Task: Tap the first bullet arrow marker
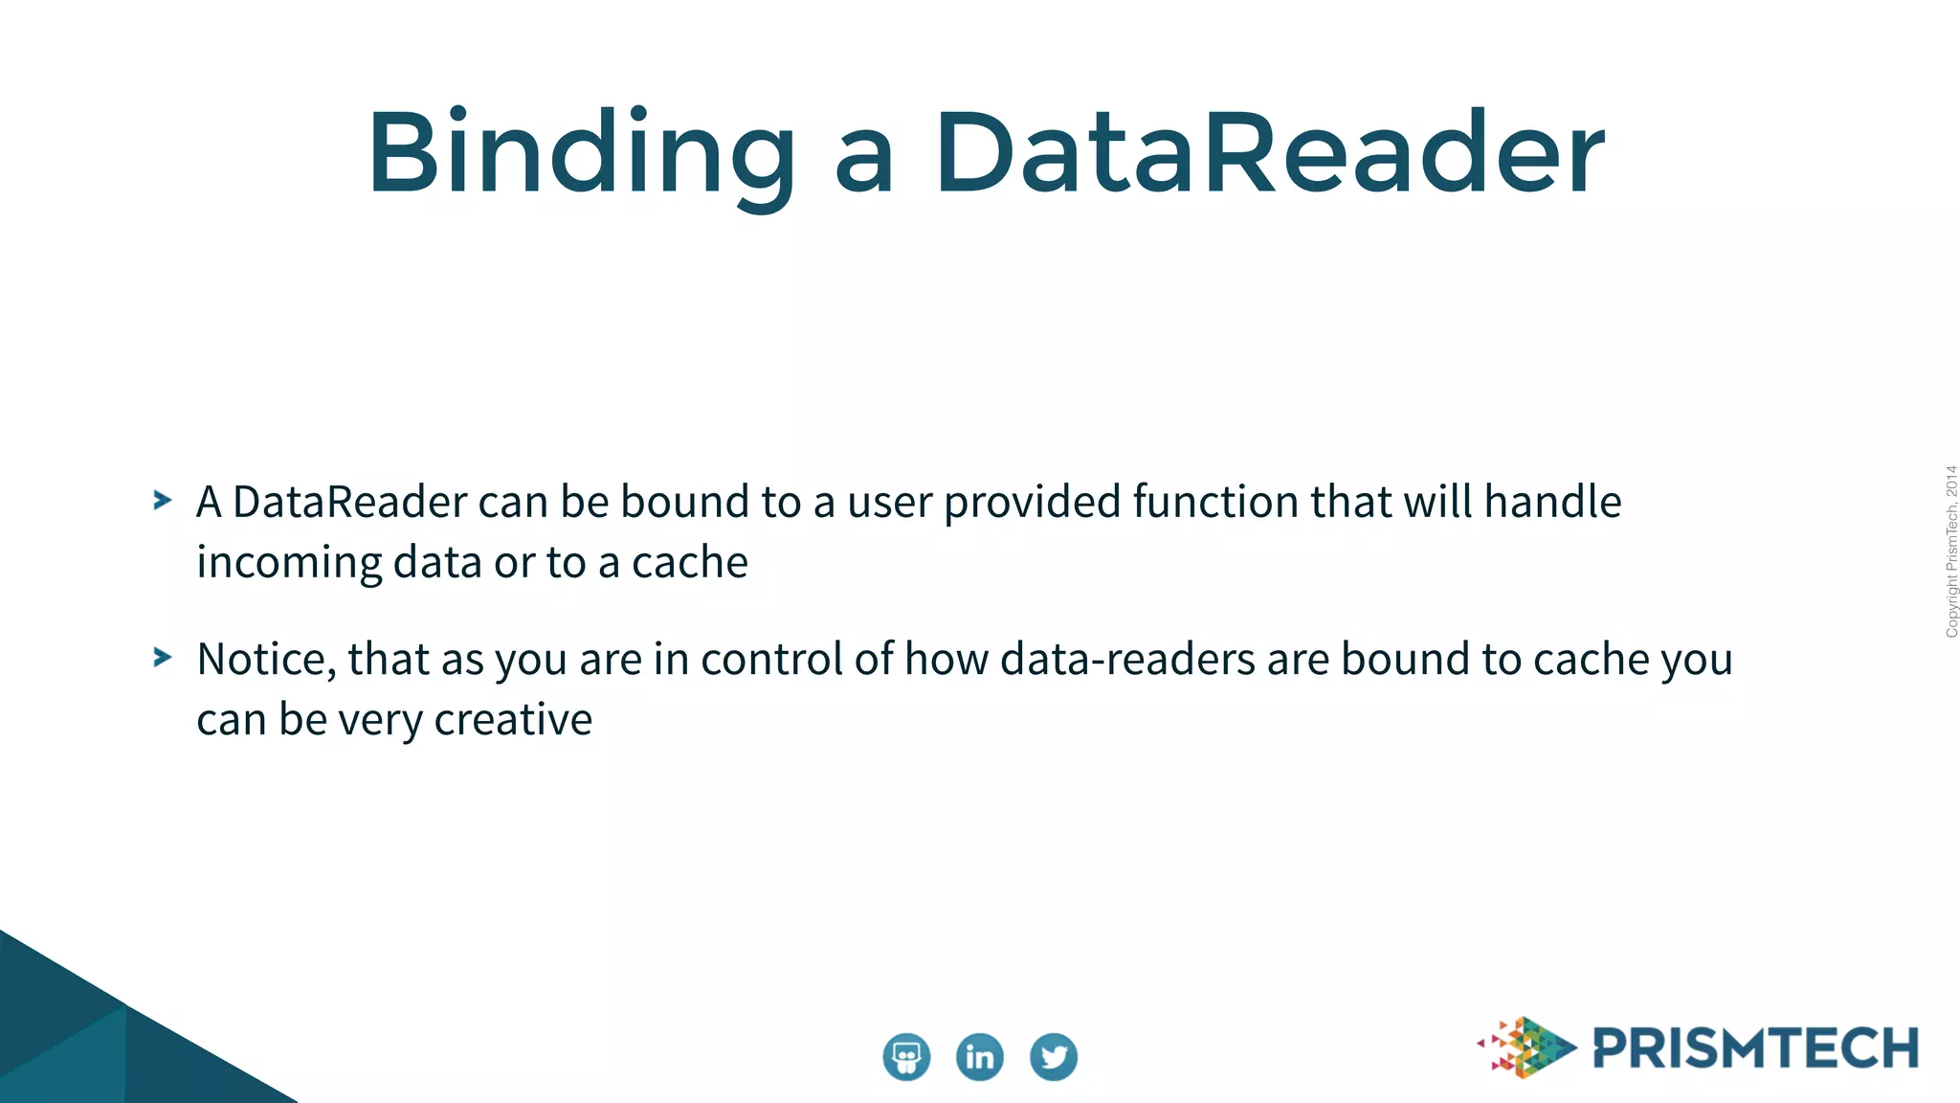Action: pos(163,500)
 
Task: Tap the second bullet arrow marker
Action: pos(163,658)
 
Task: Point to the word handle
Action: pos(1552,502)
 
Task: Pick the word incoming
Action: pos(288,563)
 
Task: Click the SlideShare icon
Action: pos(905,1057)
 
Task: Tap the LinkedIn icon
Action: pos(979,1057)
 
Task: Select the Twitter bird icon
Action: pos(1053,1057)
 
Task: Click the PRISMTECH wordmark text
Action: pos(1755,1048)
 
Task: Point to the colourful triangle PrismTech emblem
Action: pos(1526,1047)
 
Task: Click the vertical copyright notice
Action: pos(1950,551)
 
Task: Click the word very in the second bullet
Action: pos(380,721)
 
